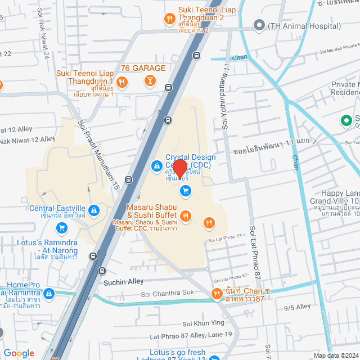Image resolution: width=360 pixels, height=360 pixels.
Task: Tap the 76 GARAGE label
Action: [x=143, y=68]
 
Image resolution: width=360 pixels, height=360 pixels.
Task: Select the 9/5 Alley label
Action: [x=298, y=307]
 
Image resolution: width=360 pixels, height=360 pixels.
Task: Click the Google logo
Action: [x=19, y=353]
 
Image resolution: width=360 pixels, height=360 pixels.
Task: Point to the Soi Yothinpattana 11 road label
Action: [x=226, y=96]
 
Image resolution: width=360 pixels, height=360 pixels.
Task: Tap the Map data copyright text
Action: [x=335, y=355]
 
